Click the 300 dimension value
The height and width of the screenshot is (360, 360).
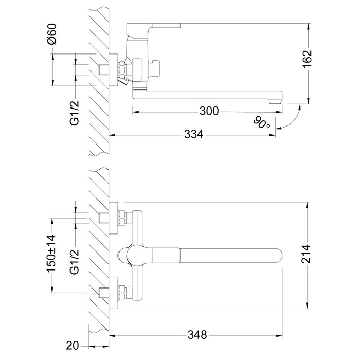[209, 110]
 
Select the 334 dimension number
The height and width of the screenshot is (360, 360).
[194, 135]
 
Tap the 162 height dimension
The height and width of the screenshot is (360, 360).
[308, 60]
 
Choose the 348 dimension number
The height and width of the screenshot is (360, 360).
[196, 335]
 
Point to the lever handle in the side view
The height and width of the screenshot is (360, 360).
[154, 26]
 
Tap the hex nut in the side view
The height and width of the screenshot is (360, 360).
[123, 69]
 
